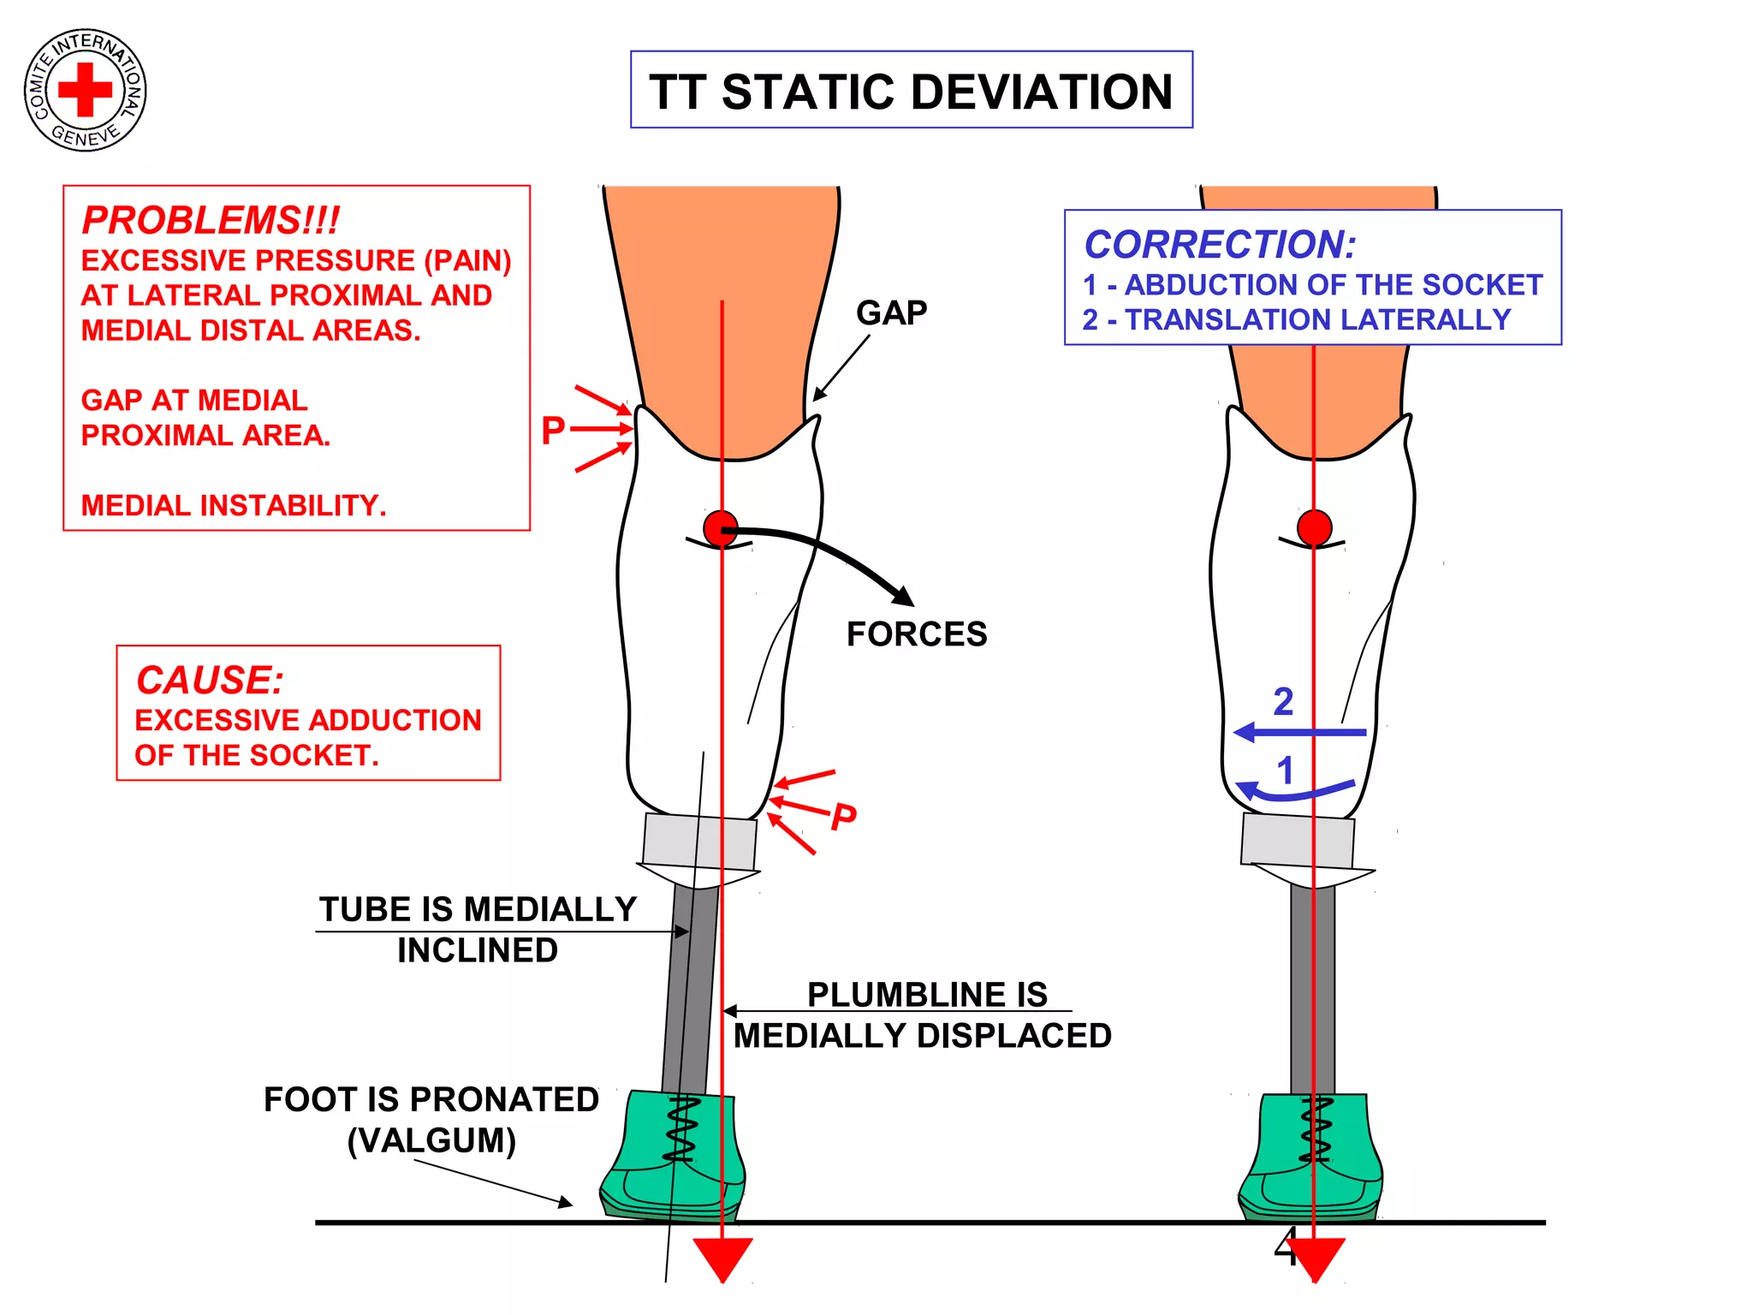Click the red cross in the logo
[x=85, y=89]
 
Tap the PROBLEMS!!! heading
[x=211, y=220]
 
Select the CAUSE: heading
[x=210, y=681]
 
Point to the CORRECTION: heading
[x=1220, y=245]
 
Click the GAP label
[x=891, y=313]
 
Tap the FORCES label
[x=917, y=634]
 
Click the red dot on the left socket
[x=720, y=528]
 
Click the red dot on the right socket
[x=1314, y=527]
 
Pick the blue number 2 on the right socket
[x=1283, y=702]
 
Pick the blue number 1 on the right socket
[x=1285, y=771]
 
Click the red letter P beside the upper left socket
[x=553, y=430]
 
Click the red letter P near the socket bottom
[x=844, y=816]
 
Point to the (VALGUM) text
[x=431, y=1140]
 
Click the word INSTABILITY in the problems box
[x=293, y=506]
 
